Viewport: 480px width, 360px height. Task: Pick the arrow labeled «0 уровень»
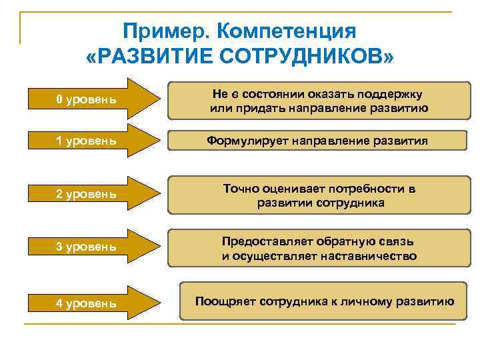tap(94, 100)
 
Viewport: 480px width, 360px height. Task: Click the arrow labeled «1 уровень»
tap(94, 141)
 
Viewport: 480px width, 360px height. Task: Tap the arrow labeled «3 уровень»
tap(94, 247)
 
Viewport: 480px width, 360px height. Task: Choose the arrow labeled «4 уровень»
tap(94, 303)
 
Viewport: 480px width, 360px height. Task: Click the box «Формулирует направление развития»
tap(317, 141)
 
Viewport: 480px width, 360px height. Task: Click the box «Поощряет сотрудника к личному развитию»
tap(324, 301)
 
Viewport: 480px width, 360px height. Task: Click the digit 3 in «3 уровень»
tap(59, 247)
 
